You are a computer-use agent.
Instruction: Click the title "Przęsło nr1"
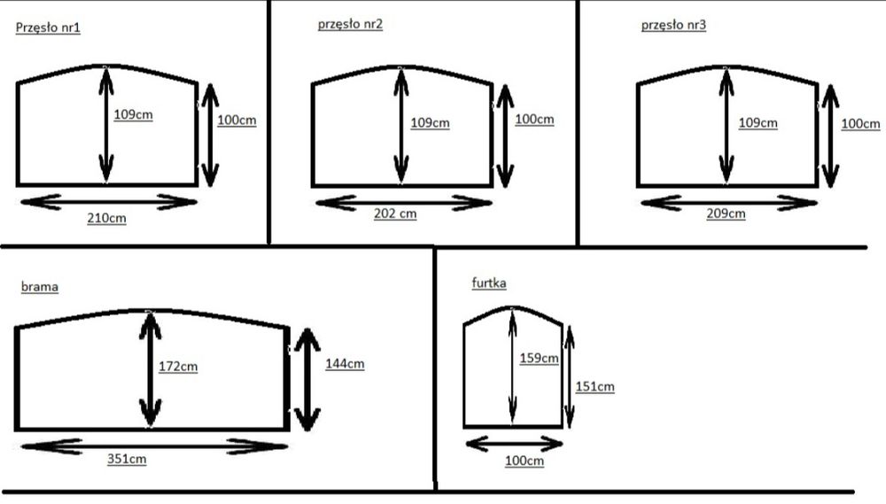[48, 27]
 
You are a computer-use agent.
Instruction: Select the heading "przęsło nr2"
[350, 24]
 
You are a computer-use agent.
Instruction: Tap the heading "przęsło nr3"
[673, 26]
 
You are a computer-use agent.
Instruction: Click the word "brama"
[40, 286]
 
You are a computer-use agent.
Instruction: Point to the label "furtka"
[489, 283]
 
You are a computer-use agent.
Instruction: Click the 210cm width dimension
[107, 218]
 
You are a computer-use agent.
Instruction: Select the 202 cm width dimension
[395, 213]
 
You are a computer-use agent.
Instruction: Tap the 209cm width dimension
[727, 213]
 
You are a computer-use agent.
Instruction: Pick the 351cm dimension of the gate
[127, 459]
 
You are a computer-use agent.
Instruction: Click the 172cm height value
[178, 366]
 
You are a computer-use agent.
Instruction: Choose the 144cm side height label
[345, 364]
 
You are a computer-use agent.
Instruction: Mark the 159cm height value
[539, 358]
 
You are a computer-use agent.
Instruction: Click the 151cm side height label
[595, 387]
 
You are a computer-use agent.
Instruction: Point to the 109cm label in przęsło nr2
[430, 122]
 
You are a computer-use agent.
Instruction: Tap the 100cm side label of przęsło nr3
[860, 124]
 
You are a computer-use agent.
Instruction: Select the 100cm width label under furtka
[525, 461]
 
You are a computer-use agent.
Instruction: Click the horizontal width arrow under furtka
[514, 444]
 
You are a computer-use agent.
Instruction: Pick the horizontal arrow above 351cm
[154, 446]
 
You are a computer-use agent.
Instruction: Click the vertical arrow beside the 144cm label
[307, 380]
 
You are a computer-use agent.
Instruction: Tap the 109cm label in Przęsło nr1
[134, 114]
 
